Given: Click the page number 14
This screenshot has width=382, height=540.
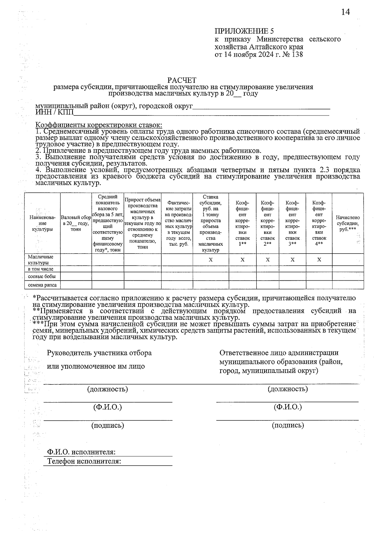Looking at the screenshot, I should [x=345, y=12].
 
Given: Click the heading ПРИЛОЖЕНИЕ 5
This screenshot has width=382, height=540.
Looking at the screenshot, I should [x=244, y=31].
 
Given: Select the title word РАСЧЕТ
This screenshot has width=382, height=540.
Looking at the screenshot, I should [x=182, y=80].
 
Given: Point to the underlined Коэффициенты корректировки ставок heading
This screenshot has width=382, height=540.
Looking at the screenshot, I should [x=99, y=125].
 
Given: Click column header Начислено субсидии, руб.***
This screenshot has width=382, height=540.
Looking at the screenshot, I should [x=348, y=223].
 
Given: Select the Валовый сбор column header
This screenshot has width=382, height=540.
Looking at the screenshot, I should [x=76, y=223].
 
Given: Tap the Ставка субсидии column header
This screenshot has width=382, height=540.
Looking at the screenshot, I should [x=210, y=223].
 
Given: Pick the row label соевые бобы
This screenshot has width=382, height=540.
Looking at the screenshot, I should [x=42, y=277].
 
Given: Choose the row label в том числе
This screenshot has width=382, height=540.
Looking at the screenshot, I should [x=40, y=269].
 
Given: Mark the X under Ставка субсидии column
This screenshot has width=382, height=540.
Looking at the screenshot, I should [x=210, y=260].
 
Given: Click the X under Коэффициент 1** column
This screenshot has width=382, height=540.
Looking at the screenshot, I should [x=242, y=260].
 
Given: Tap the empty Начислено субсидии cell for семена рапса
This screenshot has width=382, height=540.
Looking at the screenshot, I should [x=348, y=285].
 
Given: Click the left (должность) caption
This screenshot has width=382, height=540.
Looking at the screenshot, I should [x=108, y=389].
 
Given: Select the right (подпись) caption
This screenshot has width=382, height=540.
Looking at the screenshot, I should [x=288, y=425].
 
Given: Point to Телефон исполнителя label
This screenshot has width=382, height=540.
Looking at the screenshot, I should [x=84, y=461].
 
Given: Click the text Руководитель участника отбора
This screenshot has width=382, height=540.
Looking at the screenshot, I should [x=99, y=353].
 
